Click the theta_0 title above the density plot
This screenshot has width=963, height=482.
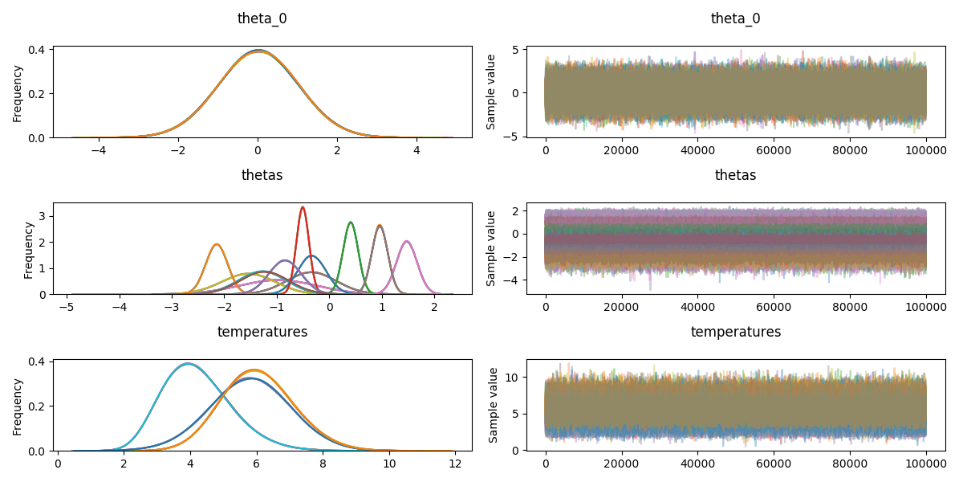(x=262, y=18)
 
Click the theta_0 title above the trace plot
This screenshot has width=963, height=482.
(x=736, y=18)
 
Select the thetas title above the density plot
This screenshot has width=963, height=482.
(x=262, y=175)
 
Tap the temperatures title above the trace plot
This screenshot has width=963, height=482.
(x=736, y=332)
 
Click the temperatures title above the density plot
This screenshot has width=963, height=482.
(x=262, y=332)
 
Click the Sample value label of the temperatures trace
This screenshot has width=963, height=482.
(x=493, y=406)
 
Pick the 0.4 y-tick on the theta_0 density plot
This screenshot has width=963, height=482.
(x=37, y=50)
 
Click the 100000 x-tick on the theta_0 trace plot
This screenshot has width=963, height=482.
(x=926, y=150)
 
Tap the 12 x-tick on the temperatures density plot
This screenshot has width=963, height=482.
(x=455, y=464)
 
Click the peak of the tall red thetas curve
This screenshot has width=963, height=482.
(x=303, y=207)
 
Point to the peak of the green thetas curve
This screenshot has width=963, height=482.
(x=351, y=223)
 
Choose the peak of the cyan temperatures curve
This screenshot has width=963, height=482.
(x=189, y=363)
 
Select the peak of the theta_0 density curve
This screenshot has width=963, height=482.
(x=258, y=51)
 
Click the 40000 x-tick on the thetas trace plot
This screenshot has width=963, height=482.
(x=698, y=307)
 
